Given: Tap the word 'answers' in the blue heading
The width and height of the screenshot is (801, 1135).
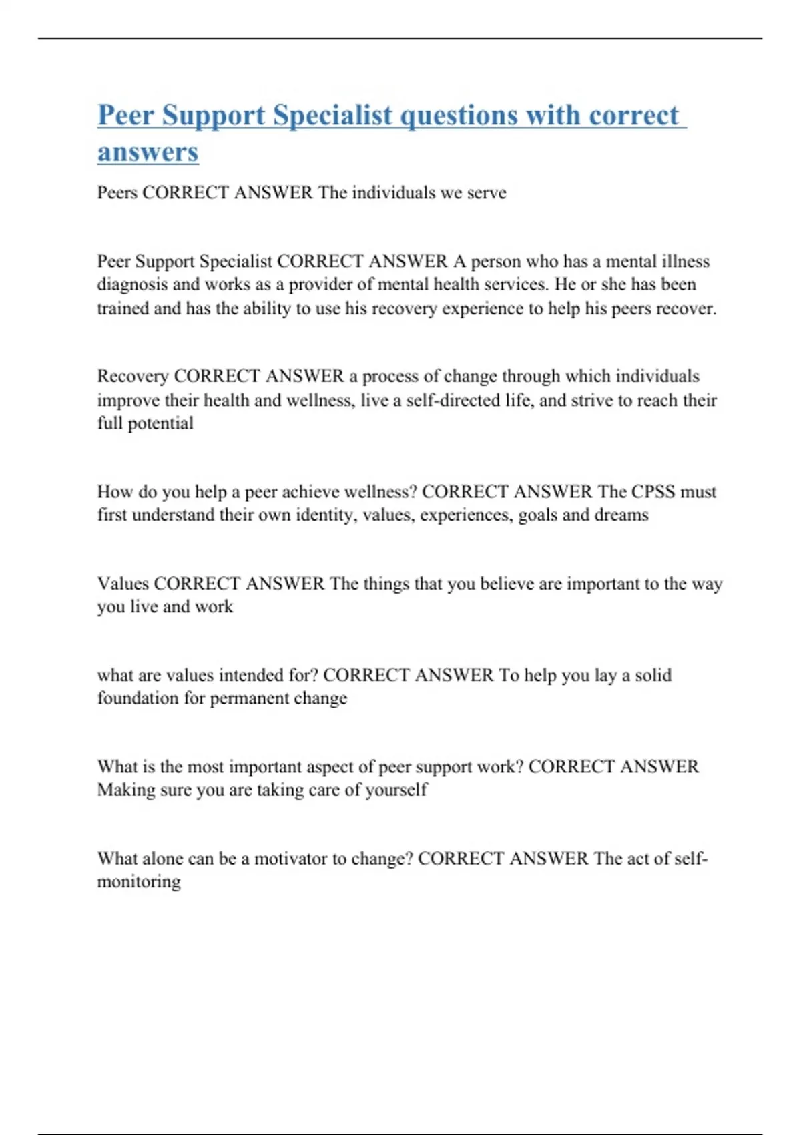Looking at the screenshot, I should pos(148,152).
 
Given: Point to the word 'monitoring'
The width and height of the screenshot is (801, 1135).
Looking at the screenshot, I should pos(139,882).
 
